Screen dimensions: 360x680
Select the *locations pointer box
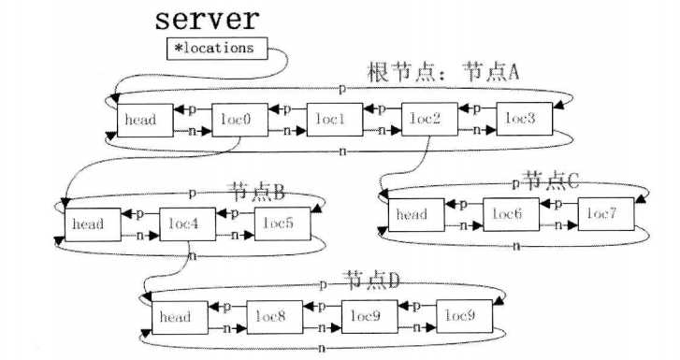click(x=216, y=48)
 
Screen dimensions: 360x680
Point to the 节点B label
click(x=255, y=193)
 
